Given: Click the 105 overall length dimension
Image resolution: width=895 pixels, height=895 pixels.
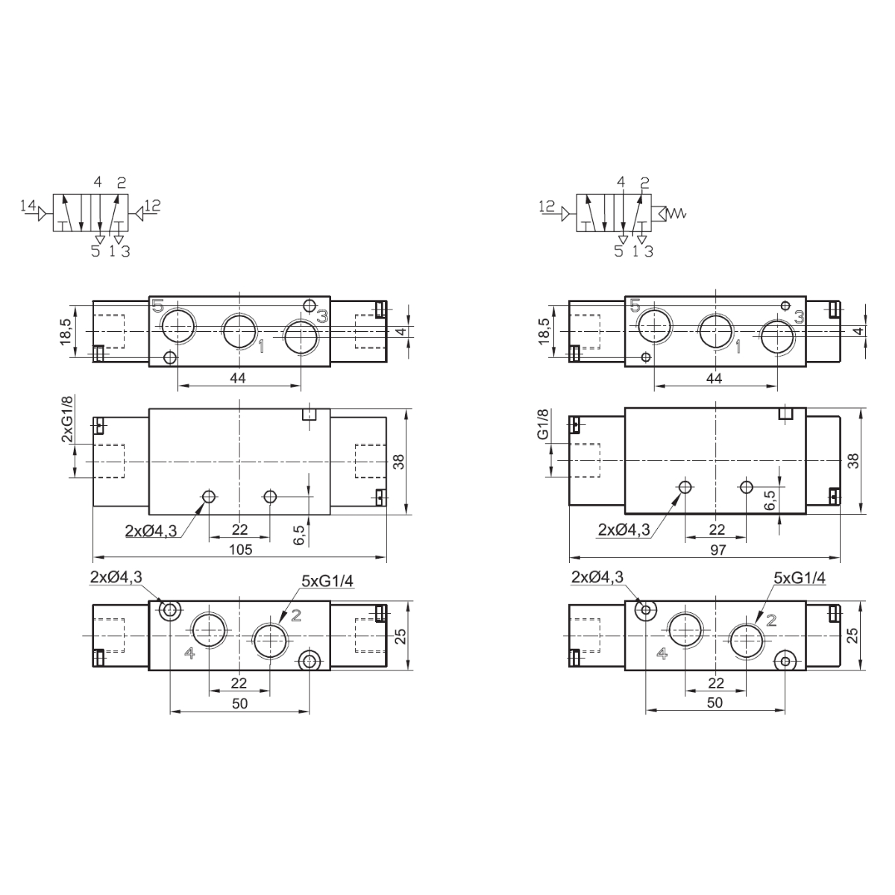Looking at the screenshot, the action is pos(241,550).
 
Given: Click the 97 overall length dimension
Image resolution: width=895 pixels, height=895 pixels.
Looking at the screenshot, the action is pos(717,550).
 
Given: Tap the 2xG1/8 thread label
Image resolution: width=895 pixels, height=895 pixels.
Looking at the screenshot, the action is pos(67,418).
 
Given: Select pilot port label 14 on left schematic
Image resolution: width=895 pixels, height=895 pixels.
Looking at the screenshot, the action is pos(28,205).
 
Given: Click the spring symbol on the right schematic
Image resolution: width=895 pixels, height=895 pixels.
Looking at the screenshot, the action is pos(676,213).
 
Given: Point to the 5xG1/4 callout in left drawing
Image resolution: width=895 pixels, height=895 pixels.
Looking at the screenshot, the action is pos(327,580).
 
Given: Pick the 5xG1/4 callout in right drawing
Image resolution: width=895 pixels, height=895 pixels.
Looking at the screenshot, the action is pos(800,578).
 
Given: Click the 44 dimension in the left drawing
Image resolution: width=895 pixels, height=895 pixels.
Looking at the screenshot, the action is pos(238,378).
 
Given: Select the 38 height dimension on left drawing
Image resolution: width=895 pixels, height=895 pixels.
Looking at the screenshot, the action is pos(398,462).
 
